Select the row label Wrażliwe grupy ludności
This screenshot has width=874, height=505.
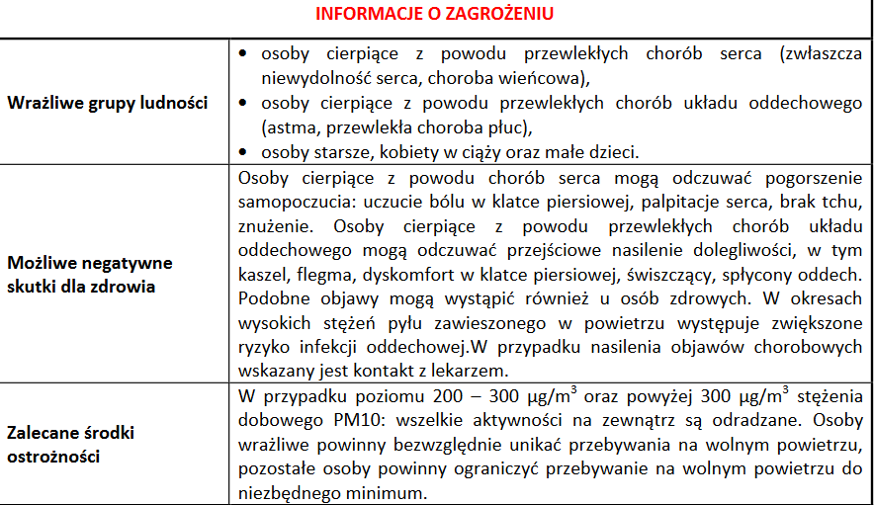(107, 103)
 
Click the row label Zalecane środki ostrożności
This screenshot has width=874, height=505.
(70, 446)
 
